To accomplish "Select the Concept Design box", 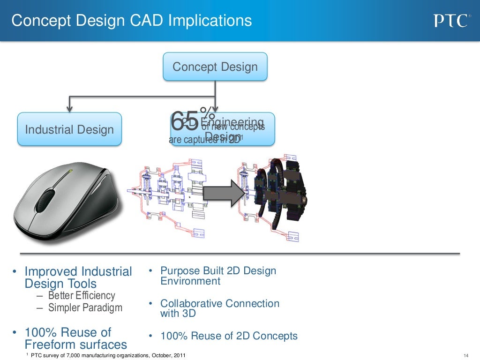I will [215, 67].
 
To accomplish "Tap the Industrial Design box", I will [69, 129].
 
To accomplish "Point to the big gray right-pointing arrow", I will [225, 193].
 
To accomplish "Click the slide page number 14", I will [465, 354].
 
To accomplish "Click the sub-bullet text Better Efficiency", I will [82, 296].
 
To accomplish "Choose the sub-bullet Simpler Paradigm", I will [85, 308].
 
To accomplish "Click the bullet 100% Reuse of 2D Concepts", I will [229, 336].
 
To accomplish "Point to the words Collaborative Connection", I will [219, 304].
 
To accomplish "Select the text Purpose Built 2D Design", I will [218, 271].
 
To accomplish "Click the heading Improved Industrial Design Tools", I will [78, 277].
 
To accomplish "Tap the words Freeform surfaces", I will [75, 345].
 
